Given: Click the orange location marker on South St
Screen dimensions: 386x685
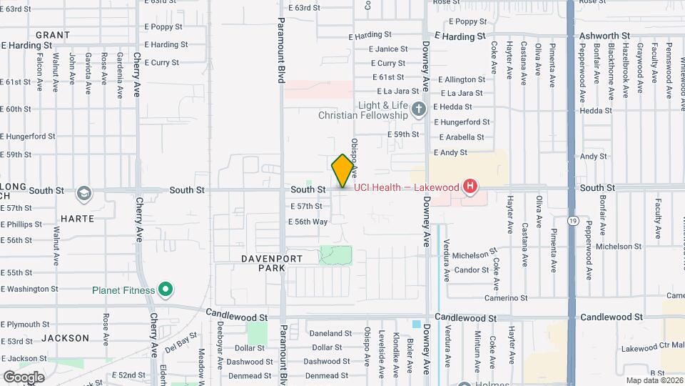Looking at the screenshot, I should (343, 171).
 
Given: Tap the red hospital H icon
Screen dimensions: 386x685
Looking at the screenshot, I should (470, 187).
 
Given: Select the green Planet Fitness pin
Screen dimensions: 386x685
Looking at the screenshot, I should (166, 290).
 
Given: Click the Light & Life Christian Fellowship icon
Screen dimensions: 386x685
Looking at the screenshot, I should (418, 109).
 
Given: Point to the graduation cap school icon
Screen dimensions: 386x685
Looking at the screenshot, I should (84, 193).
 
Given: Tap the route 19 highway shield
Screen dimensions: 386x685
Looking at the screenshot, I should (573, 222).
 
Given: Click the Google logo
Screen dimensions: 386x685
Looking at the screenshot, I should (24, 377).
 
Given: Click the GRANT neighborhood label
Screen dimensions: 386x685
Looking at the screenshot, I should (53, 35).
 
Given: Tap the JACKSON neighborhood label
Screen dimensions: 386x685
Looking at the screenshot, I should (65, 338).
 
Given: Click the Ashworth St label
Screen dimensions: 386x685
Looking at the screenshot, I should (604, 35).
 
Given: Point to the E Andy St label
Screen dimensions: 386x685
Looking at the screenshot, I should (450, 152).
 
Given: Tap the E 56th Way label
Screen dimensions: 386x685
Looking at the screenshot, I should (308, 222).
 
